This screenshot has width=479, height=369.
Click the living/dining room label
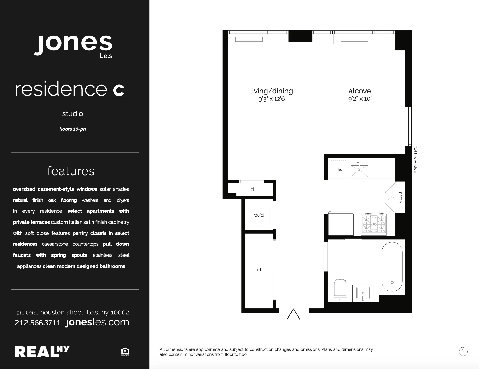pyautogui.click(x=271, y=91)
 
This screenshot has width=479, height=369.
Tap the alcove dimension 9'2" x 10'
pyautogui.click(x=360, y=99)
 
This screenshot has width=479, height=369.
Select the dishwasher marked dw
pyautogui.click(x=339, y=170)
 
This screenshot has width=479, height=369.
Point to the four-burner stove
pyautogui.click(x=374, y=224)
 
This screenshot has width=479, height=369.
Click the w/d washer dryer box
pyautogui.click(x=259, y=215)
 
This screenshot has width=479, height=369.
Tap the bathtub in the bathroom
pyautogui.click(x=392, y=267)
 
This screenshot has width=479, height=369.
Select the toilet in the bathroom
pyautogui.click(x=340, y=289)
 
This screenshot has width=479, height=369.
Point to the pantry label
pyautogui.click(x=400, y=197)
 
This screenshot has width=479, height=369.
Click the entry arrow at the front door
pyautogui.click(x=293, y=314)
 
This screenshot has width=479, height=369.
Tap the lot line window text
pyautogui.click(x=415, y=160)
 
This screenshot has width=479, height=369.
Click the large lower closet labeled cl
pyautogui.click(x=259, y=270)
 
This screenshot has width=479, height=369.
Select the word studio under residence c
pyautogui.click(x=73, y=114)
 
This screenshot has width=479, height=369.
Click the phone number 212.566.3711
pyautogui.click(x=37, y=323)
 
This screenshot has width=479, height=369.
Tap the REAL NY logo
pyautogui.click(x=42, y=352)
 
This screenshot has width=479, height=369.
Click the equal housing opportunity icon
pyautogui.click(x=125, y=352)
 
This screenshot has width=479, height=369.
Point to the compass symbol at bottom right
pyautogui.click(x=463, y=351)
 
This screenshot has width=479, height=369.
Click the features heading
pyautogui.click(x=71, y=171)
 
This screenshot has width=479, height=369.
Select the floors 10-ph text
pyautogui.click(x=73, y=129)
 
